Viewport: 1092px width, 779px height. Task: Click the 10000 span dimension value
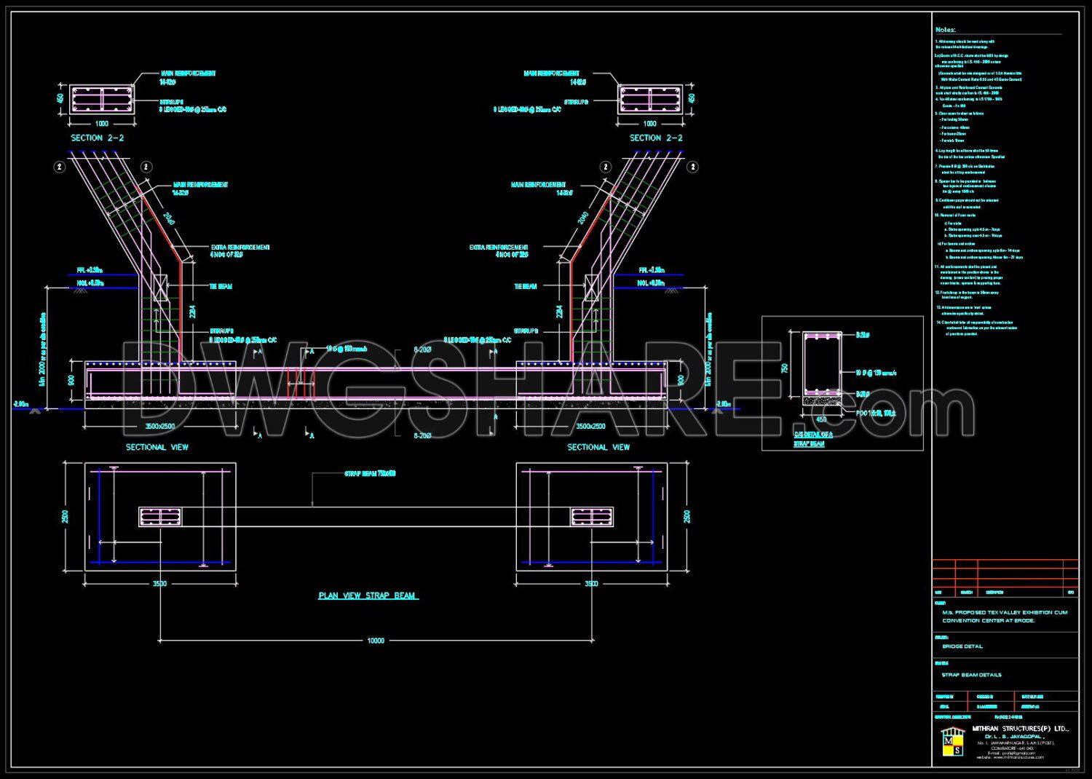[x=376, y=641]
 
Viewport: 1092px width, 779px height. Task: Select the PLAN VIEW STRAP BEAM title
[x=368, y=596]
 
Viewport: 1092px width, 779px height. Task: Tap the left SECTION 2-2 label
[x=98, y=138]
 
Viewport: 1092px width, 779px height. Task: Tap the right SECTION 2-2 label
[x=656, y=138]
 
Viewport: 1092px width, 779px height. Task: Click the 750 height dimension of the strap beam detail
[x=785, y=368]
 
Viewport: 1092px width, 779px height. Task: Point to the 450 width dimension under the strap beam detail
[x=822, y=419]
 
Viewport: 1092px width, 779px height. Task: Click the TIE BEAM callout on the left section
[x=221, y=287]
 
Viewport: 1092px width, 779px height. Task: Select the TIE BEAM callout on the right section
[x=526, y=287]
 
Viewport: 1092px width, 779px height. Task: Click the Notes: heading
[x=946, y=30]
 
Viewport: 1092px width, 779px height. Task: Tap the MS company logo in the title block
[x=952, y=740]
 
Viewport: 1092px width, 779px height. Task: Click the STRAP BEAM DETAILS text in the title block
[x=971, y=675]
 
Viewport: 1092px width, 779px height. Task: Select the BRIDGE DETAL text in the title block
[x=962, y=646]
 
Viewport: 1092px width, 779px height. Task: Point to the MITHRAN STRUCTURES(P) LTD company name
[x=1020, y=729]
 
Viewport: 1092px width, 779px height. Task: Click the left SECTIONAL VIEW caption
[x=157, y=447]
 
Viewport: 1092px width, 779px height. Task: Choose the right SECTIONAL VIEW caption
[x=598, y=447]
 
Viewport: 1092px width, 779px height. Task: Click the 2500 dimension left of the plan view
[x=65, y=516]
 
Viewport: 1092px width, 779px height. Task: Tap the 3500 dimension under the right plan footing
[x=592, y=583]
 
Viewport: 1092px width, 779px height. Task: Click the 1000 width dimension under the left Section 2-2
[x=102, y=124]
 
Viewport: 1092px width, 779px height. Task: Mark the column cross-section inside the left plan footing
[x=160, y=517]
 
